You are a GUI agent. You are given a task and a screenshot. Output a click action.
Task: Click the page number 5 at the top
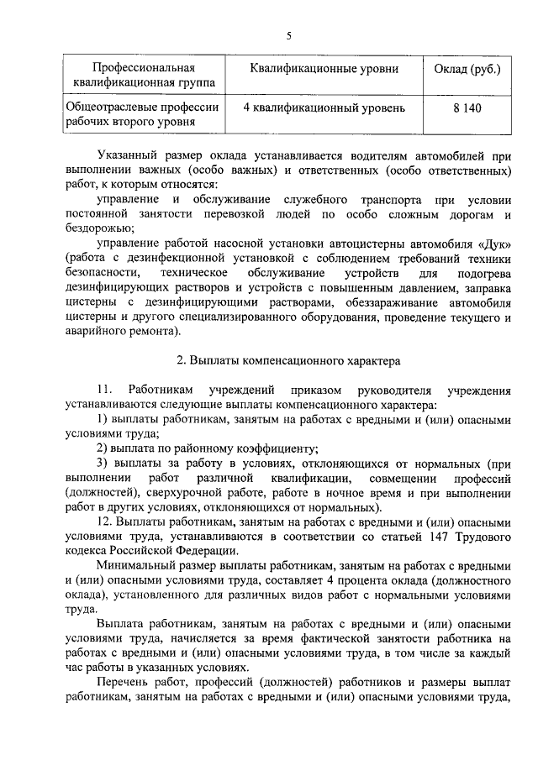(x=288, y=34)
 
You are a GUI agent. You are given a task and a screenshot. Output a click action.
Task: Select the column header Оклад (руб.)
(x=467, y=68)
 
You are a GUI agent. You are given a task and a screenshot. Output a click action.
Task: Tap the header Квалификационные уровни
(x=324, y=68)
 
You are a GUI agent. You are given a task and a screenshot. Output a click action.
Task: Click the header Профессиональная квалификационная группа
(x=144, y=75)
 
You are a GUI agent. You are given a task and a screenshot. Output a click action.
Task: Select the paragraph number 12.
(x=105, y=522)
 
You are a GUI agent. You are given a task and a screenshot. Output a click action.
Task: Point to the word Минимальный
(x=136, y=565)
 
